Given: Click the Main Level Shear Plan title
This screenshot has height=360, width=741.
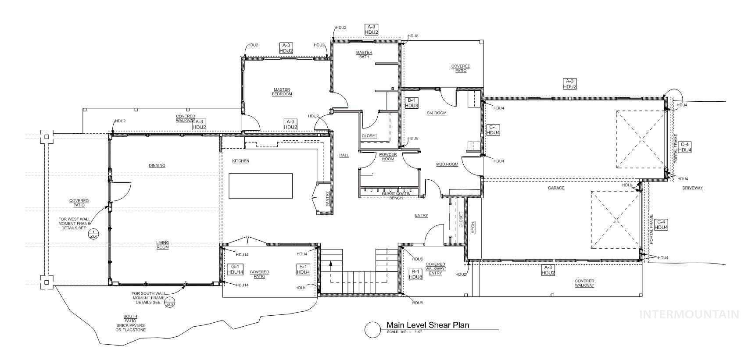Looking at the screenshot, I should tap(427, 325).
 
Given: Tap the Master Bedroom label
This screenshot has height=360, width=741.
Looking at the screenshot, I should tap(282, 92).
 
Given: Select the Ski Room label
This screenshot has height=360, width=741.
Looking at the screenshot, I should tap(437, 113).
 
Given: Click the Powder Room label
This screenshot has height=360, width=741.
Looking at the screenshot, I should tap(388, 157).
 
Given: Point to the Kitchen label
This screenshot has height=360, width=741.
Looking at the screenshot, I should tap(240, 161).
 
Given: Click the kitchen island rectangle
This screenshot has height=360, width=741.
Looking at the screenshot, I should tap(261, 185).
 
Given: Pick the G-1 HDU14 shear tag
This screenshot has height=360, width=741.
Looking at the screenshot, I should tap(235, 269).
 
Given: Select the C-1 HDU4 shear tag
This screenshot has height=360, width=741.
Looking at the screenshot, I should tap(493, 130).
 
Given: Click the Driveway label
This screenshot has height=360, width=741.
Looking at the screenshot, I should tap(692, 188).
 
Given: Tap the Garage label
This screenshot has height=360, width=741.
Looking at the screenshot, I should tap(556, 188).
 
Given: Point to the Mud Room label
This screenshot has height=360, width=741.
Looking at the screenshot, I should tap(447, 164).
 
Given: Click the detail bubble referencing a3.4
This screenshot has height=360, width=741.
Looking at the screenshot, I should tap(93, 234).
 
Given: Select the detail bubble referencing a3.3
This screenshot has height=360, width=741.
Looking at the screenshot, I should tap(169, 302).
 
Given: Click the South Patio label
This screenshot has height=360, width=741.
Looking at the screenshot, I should tap(130, 323).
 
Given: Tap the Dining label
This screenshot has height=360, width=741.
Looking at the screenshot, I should tap(157, 165).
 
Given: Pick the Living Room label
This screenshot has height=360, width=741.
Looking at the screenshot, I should tap(163, 245).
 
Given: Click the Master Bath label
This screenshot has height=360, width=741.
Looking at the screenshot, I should tap(364, 54).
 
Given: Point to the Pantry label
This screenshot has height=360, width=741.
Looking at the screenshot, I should tap(327, 199).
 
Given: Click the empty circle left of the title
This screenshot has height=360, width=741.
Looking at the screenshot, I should tap(372, 330).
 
